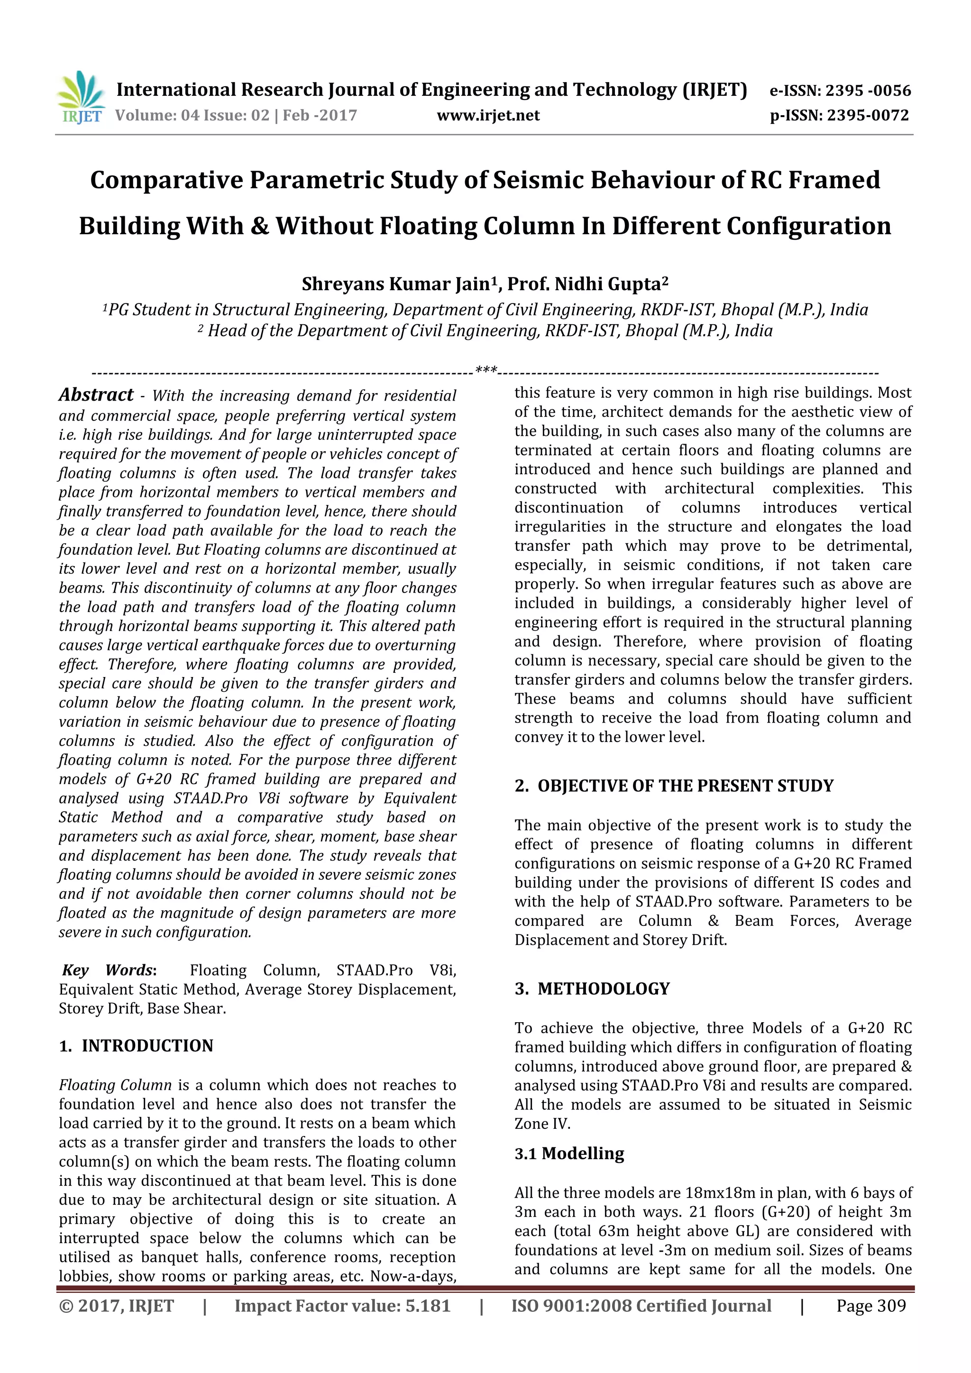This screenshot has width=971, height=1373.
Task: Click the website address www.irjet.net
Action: (488, 115)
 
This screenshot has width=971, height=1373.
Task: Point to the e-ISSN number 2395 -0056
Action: (868, 91)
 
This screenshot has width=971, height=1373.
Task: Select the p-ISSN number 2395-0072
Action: (868, 115)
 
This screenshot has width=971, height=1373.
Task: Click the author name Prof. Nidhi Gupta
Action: (587, 284)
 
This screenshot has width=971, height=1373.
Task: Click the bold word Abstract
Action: (96, 395)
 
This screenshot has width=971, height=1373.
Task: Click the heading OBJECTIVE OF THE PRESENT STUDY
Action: (685, 786)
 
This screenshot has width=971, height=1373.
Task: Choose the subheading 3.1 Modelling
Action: (569, 1153)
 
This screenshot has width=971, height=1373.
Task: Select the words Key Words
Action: (108, 970)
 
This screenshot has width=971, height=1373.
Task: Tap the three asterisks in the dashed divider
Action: (486, 371)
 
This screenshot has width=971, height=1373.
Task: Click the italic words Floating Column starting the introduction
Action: (115, 1085)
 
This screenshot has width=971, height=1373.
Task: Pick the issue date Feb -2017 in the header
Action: (320, 115)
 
